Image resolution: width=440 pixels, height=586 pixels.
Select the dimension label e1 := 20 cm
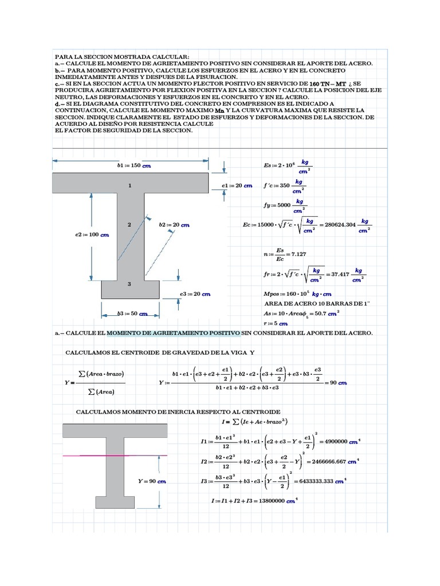click(x=237, y=186)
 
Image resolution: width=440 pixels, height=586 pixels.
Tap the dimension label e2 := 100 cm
click(x=92, y=234)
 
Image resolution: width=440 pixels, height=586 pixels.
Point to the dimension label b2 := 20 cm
click(x=174, y=225)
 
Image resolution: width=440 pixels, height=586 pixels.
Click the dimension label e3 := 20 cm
click(x=195, y=294)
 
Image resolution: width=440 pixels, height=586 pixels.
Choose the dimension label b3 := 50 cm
click(x=132, y=314)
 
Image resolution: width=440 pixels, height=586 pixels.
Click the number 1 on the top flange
click(x=130, y=185)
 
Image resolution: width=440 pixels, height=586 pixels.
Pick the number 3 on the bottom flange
click(x=129, y=284)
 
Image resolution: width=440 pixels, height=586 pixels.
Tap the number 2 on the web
click(x=130, y=225)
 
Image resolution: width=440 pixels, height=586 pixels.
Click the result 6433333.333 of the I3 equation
click(x=317, y=481)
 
